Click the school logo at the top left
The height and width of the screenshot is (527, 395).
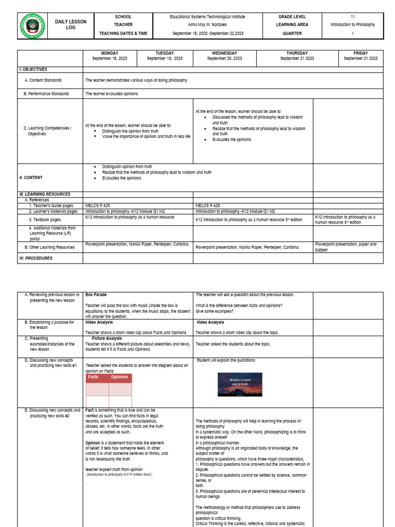click(32, 25)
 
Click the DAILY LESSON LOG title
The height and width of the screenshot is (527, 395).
click(70, 25)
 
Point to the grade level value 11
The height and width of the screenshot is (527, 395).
click(352, 16)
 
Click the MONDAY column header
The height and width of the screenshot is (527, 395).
click(109, 53)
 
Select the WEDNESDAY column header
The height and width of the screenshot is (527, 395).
click(224, 53)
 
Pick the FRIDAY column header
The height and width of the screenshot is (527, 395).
click(361, 53)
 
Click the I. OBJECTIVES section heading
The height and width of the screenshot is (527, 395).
click(33, 69)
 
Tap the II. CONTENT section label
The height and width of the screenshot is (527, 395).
click(31, 178)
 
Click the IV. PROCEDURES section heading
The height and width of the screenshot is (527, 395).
click(35, 258)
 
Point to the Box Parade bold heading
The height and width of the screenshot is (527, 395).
click(96, 295)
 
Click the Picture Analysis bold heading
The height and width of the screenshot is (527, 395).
click(107, 339)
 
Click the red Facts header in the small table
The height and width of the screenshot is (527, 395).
click(93, 377)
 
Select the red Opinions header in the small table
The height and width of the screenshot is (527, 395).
click(120, 377)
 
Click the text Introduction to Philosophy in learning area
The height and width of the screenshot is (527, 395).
click(352, 25)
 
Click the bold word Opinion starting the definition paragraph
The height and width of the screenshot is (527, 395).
click(93, 443)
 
